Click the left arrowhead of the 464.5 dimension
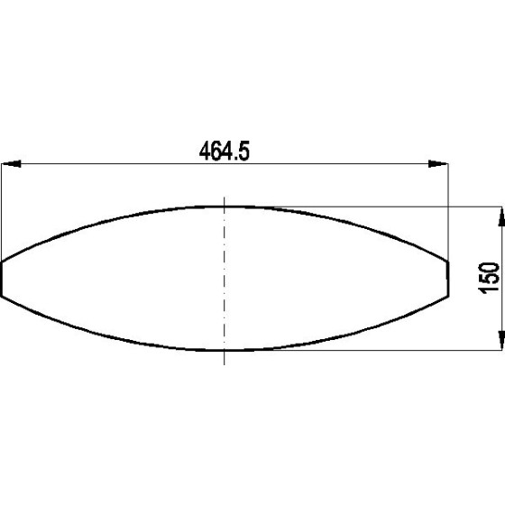point(12,164)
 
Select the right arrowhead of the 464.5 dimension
point(438,164)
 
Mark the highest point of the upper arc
point(225,206)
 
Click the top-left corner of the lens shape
point(2,262)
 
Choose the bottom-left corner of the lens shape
point(3,298)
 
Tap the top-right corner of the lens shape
point(448,262)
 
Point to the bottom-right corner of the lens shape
point(448,298)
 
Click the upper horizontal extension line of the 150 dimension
point(379,207)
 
